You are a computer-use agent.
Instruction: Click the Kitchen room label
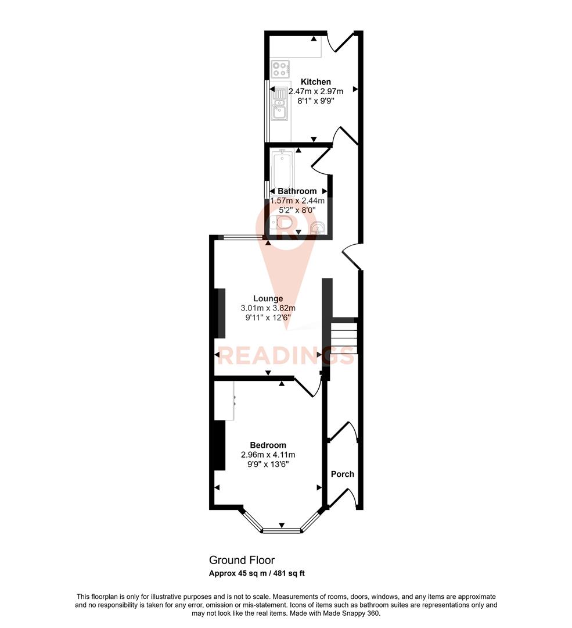coord(315,82)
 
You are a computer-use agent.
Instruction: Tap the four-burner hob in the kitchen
coord(280,69)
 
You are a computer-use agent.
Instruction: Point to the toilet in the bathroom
coord(282,223)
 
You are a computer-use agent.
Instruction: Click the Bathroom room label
coord(297,191)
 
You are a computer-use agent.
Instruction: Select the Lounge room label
coord(268,298)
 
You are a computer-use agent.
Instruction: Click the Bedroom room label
coord(268,445)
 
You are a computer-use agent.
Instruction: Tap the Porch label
coord(342,474)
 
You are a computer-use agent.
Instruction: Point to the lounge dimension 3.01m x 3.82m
coord(268,308)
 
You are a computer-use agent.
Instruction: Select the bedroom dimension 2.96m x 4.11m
coord(268,455)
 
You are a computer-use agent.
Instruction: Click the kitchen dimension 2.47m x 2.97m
coord(315,91)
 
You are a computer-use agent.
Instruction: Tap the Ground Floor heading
coord(242,560)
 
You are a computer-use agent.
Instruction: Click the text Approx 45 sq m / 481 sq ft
coord(257,573)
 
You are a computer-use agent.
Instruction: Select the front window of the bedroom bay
coord(282,529)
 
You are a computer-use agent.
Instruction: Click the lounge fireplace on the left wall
coord(221,313)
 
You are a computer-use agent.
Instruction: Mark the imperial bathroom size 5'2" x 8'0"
coord(297,212)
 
